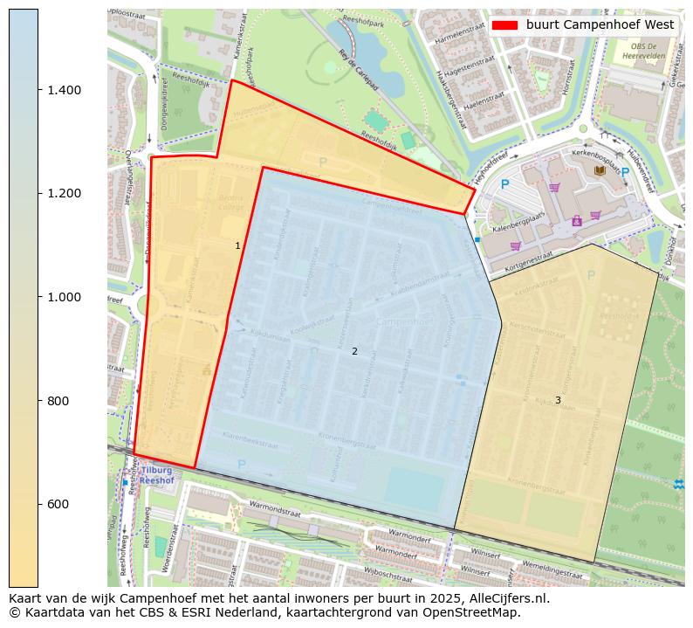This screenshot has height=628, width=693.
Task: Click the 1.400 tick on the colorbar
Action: (63, 90)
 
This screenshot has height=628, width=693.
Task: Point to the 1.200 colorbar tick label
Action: (63, 193)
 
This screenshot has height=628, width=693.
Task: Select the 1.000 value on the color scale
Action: (63, 297)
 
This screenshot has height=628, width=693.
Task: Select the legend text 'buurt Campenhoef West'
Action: (600, 25)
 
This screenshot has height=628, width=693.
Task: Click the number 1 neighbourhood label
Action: (237, 246)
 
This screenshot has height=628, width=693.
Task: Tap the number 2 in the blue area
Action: (354, 351)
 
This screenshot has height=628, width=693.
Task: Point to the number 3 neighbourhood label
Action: (558, 401)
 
